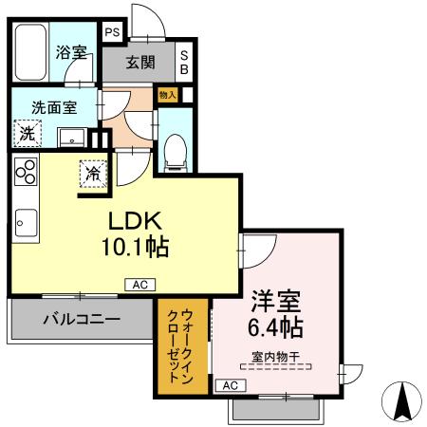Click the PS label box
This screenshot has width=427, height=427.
[x=112, y=31]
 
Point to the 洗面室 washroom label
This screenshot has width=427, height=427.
[x=53, y=106]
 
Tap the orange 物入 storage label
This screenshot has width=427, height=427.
[x=168, y=95]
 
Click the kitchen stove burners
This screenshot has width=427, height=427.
[x=25, y=173]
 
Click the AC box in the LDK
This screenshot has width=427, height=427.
[x=138, y=283]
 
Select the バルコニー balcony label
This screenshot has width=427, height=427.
[x=81, y=320]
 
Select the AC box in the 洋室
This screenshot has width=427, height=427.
[x=229, y=385]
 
